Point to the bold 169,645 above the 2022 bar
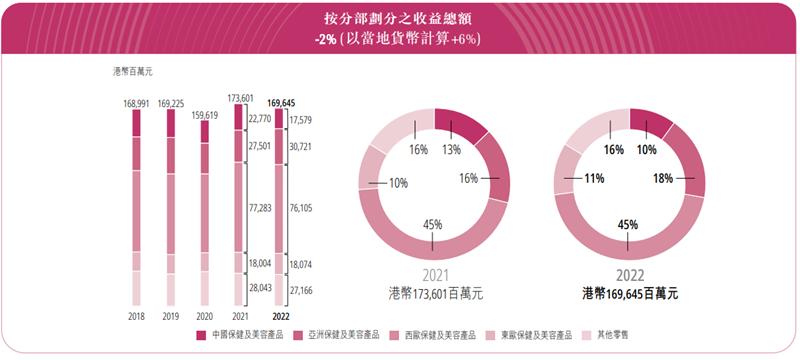click(x=288, y=103)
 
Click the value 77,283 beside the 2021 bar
click(x=260, y=208)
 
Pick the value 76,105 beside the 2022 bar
click(x=301, y=208)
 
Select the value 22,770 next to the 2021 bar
click(x=260, y=118)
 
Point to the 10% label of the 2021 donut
click(x=397, y=183)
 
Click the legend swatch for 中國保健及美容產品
click(x=200, y=336)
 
